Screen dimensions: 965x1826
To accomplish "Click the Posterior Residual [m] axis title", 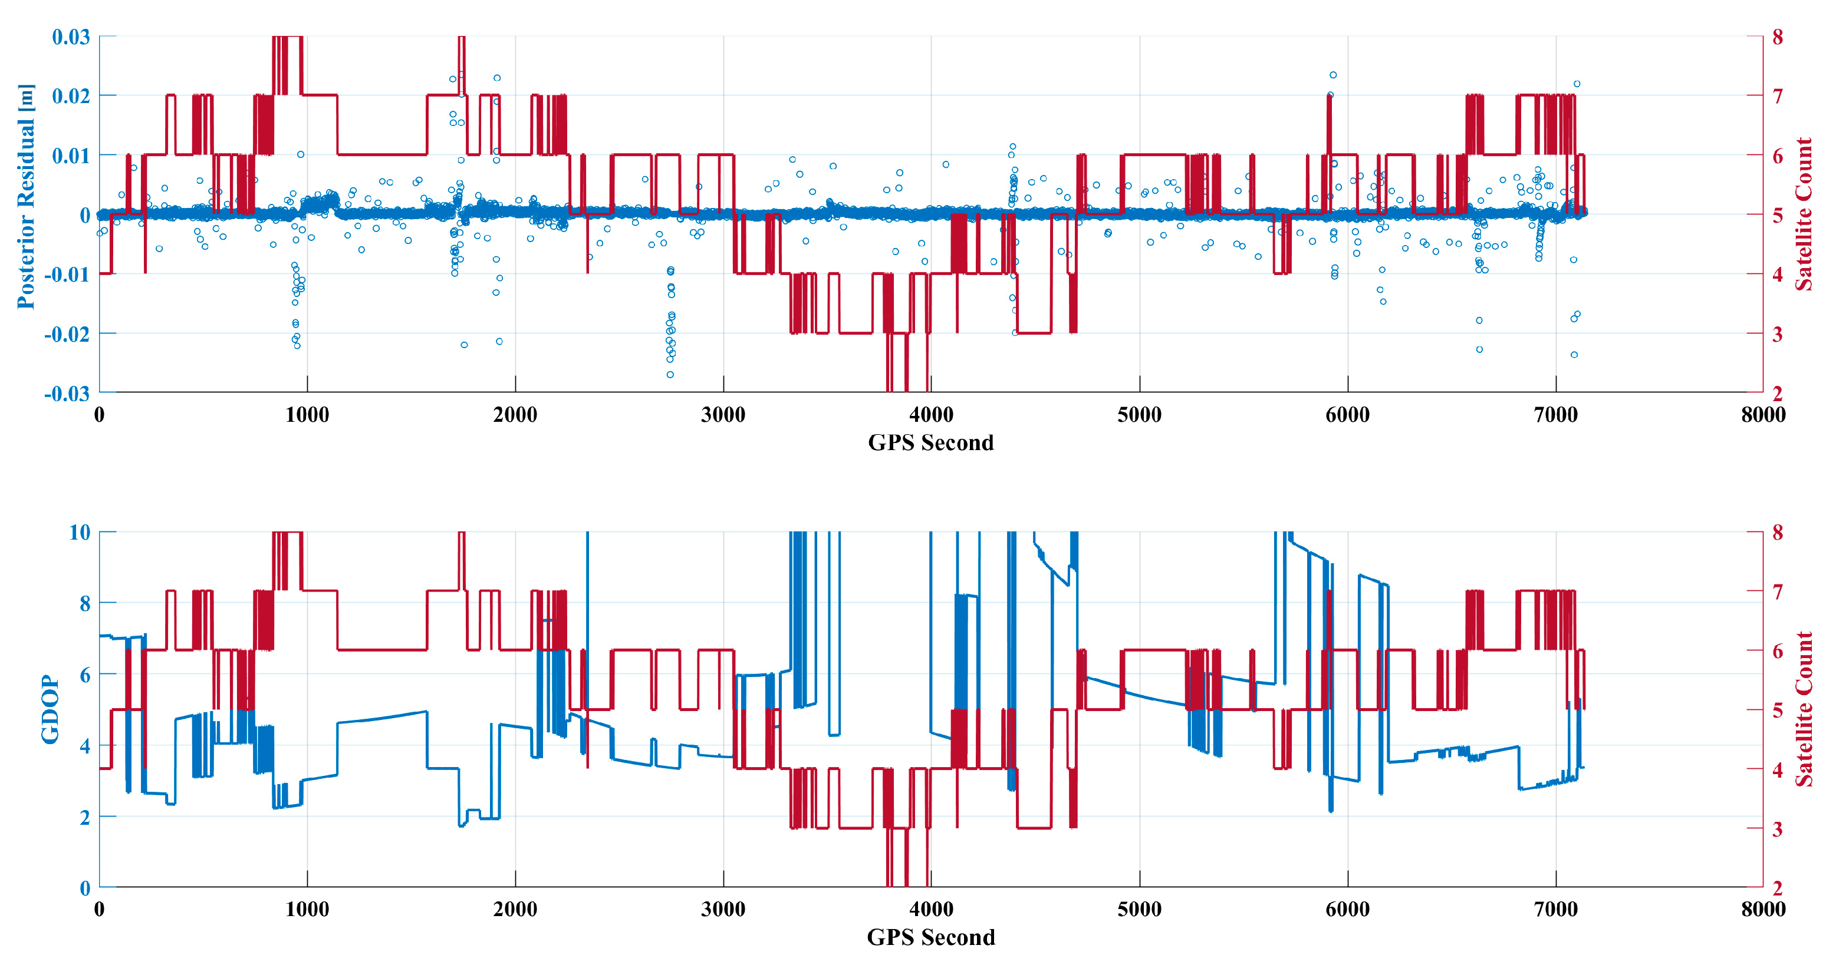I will tap(25, 197).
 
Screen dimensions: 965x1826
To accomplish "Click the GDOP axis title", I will tap(50, 709).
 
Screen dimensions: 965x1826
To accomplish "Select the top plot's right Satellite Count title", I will tap(1804, 214).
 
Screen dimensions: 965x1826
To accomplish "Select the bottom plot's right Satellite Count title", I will tap(1804, 709).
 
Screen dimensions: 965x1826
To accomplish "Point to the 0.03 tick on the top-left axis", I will tap(71, 37).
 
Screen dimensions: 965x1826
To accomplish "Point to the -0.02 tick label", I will tap(67, 333).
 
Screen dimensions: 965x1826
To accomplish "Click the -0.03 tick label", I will tap(67, 393).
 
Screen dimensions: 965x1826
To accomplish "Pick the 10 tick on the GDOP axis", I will tap(80, 532).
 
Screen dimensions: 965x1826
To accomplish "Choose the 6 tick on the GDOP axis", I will tap(84, 675).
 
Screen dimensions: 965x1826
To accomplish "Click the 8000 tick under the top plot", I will tap(1762, 415).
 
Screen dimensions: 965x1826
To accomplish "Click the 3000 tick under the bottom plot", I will tap(723, 909).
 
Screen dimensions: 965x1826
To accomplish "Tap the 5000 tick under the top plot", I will tap(1139, 415).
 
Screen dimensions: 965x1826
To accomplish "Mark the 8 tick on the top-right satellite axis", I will tap(1777, 37).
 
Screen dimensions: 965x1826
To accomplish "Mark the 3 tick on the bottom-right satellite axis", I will tap(1777, 829).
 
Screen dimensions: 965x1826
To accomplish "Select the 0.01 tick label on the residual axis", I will tap(71, 155).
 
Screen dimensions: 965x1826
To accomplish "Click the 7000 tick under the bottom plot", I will tap(1555, 909).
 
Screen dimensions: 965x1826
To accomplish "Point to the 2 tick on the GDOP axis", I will tap(84, 817).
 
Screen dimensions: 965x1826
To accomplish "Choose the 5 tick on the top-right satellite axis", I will tap(1777, 214).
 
